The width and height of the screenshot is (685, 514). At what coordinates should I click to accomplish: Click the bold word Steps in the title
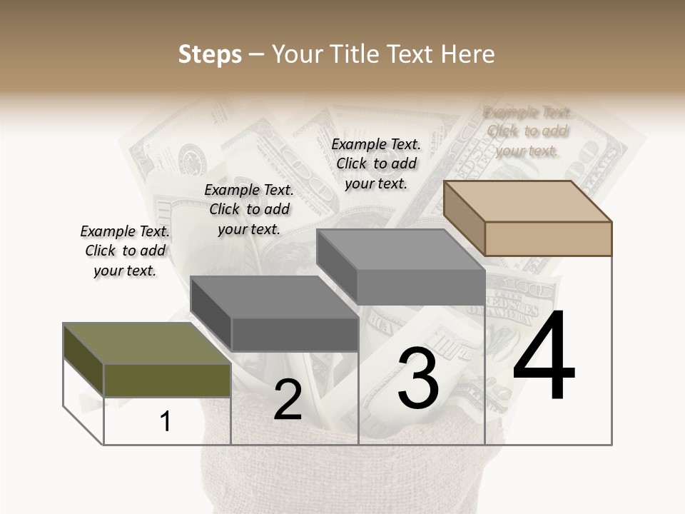click(210, 54)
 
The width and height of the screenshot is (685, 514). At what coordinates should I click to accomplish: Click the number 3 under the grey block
click(418, 378)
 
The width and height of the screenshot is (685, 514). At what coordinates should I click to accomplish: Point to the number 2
click(288, 400)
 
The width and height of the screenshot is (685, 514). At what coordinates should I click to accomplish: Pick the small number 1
click(166, 421)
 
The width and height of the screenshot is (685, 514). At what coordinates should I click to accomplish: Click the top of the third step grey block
click(400, 250)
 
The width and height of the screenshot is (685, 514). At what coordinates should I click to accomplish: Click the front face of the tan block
click(548, 238)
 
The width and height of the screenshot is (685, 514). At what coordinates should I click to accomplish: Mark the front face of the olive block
click(167, 380)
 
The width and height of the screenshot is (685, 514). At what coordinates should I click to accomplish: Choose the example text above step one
click(125, 251)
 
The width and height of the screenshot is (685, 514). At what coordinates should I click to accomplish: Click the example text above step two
click(249, 209)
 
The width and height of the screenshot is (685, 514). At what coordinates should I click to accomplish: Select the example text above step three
click(376, 163)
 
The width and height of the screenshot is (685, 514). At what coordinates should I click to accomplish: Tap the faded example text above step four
click(527, 131)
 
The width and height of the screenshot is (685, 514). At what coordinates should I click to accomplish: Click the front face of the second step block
click(295, 334)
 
